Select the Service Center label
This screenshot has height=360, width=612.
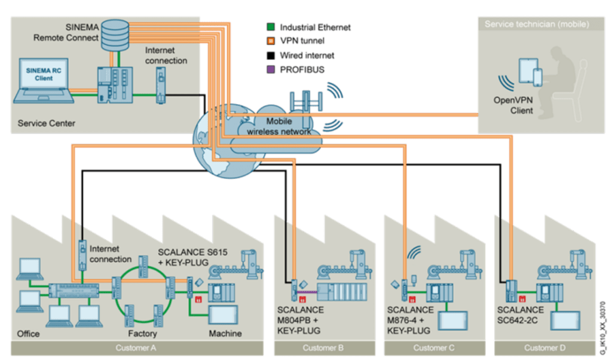(x=47, y=124)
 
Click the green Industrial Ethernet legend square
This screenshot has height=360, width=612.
(x=270, y=27)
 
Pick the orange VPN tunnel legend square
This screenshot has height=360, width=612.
(x=270, y=41)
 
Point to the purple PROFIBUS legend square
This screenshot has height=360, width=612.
(x=270, y=70)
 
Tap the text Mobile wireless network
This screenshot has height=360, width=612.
(x=279, y=126)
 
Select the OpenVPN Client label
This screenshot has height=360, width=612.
(x=513, y=105)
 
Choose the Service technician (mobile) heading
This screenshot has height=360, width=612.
(x=537, y=25)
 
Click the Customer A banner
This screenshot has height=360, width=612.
(x=136, y=348)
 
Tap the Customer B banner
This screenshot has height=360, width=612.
(x=323, y=348)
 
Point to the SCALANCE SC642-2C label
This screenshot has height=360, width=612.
(x=520, y=315)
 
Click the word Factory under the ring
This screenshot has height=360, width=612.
(x=142, y=333)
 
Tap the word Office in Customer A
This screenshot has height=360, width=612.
(x=28, y=333)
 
